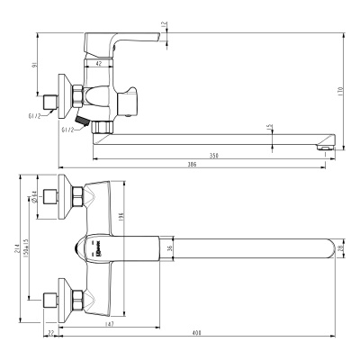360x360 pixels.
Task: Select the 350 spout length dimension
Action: (x=212, y=156)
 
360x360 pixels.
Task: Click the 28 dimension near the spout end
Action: (x=340, y=248)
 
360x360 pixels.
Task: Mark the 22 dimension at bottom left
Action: (x=52, y=334)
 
